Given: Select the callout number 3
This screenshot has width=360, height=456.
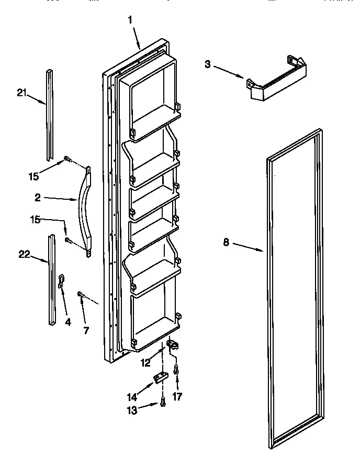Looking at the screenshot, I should click(208, 64).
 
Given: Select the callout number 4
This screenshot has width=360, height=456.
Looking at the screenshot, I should click(67, 322).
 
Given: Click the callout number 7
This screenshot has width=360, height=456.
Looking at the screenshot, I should click(86, 330).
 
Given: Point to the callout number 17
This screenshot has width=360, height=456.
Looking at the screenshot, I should click(178, 397).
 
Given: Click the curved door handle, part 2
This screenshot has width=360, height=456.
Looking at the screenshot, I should click(85, 212).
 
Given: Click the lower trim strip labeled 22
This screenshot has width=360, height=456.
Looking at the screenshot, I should click(51, 280).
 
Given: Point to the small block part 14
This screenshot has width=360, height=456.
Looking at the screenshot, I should click(160, 377).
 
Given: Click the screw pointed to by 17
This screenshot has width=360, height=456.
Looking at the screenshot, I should click(177, 370).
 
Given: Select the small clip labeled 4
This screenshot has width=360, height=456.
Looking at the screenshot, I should click(62, 281).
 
